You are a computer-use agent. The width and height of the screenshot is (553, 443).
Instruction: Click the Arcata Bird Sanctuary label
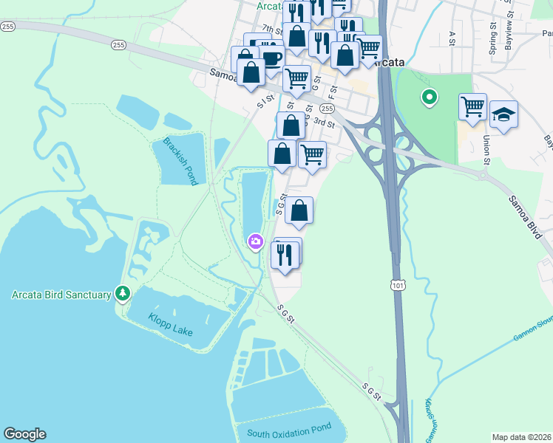[x=61, y=295]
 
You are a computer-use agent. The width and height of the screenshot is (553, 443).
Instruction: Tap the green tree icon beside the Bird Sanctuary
[x=123, y=294]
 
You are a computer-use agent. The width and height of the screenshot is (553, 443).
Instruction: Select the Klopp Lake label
[x=171, y=325]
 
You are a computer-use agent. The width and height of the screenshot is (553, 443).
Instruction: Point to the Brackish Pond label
[x=177, y=151]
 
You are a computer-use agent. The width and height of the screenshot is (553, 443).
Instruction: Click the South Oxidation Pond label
[x=289, y=434]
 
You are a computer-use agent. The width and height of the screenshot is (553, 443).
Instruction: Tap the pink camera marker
[x=255, y=241]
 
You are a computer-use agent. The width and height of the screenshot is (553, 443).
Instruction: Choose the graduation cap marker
[x=503, y=114]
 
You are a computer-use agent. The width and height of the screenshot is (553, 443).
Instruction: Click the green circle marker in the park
[x=427, y=97]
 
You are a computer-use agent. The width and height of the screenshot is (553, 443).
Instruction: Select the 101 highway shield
[x=398, y=283]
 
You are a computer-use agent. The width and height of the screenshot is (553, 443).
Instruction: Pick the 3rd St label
[x=324, y=122]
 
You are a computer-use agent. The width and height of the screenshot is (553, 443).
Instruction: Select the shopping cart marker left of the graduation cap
[x=472, y=106]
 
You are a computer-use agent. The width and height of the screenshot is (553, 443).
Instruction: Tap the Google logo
[x=24, y=434]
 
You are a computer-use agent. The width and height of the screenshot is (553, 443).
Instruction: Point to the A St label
[x=452, y=38]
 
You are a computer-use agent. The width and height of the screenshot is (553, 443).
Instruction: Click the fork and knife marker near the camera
[x=285, y=254]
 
